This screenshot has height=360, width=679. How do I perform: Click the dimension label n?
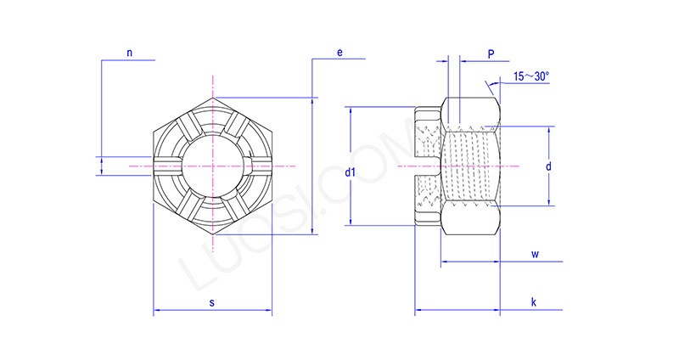[x=130, y=53]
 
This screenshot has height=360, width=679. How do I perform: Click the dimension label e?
[x=339, y=53]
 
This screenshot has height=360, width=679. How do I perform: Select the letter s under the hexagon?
[x=211, y=303]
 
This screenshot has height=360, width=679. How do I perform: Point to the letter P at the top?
[x=491, y=53]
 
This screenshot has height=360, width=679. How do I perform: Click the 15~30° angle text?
[x=531, y=76]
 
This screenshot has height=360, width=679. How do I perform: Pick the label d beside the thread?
[x=548, y=166]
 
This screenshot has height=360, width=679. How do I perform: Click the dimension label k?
[x=533, y=303]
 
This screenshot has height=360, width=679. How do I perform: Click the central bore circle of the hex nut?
[x=211, y=166]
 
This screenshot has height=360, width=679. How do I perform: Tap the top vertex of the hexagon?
[x=211, y=97]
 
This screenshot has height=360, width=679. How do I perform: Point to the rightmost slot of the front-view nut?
[x=261, y=166]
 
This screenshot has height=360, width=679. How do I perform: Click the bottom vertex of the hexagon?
[x=211, y=235]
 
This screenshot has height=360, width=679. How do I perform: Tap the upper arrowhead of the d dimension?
[x=549, y=130]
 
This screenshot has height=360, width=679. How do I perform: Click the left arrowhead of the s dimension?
[x=156, y=313]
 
